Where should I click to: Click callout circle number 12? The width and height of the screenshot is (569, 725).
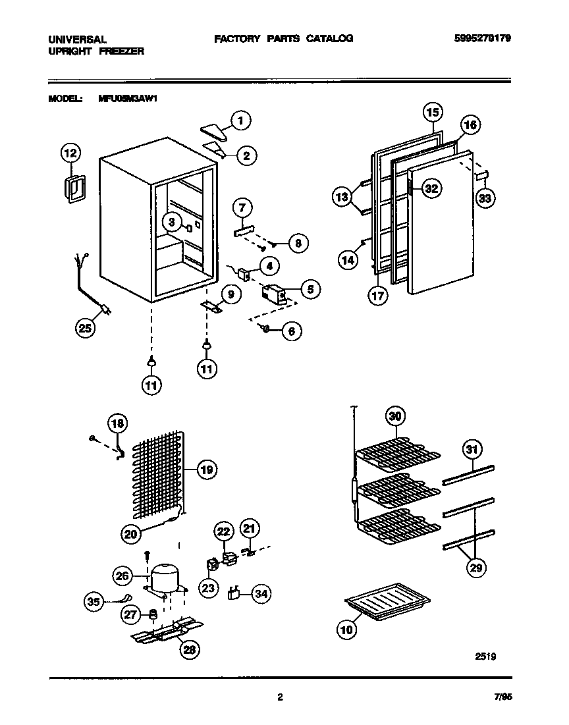coord(70,153)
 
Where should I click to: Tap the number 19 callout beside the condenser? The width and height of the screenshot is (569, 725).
coord(206,470)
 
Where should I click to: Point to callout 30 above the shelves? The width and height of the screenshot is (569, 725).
coord(395,416)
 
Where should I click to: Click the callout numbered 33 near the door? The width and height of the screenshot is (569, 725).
coord(486,198)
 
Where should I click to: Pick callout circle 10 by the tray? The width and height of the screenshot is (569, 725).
coord(346,630)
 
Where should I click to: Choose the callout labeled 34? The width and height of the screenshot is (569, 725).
coord(261,594)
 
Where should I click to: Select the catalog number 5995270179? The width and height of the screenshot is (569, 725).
coord(483,38)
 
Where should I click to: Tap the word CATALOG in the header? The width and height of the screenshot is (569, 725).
coord(329,38)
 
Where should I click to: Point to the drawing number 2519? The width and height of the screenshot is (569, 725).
coord(485,656)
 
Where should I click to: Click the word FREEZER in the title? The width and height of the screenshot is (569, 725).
coord(122,51)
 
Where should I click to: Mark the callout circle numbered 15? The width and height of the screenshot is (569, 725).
coord(431,112)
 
